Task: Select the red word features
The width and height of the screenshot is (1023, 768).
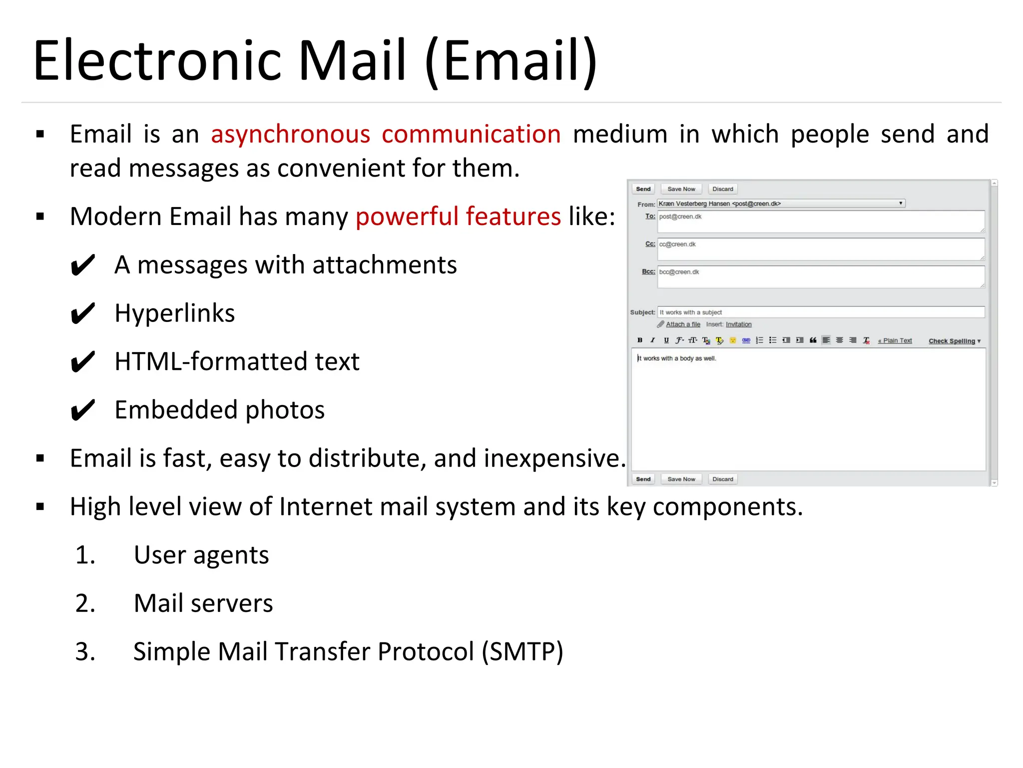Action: (513, 216)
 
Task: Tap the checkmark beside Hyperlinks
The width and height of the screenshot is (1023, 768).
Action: (82, 314)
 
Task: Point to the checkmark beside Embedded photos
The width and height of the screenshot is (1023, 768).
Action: (82, 410)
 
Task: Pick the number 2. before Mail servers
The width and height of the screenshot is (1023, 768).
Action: (85, 603)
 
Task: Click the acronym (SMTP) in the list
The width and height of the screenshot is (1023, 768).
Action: (522, 652)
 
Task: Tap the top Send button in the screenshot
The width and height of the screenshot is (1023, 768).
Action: (643, 189)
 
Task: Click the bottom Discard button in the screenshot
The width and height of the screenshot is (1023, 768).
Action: (722, 479)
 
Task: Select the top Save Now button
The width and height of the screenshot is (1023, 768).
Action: (681, 189)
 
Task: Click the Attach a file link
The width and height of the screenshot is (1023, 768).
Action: (683, 324)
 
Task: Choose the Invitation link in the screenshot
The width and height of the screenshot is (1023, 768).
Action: (738, 324)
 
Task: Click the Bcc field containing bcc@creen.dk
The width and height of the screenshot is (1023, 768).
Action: (821, 277)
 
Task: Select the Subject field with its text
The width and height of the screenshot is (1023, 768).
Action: (821, 312)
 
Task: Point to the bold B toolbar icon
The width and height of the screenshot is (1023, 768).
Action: (640, 340)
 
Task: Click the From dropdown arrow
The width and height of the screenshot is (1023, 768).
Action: (901, 203)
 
